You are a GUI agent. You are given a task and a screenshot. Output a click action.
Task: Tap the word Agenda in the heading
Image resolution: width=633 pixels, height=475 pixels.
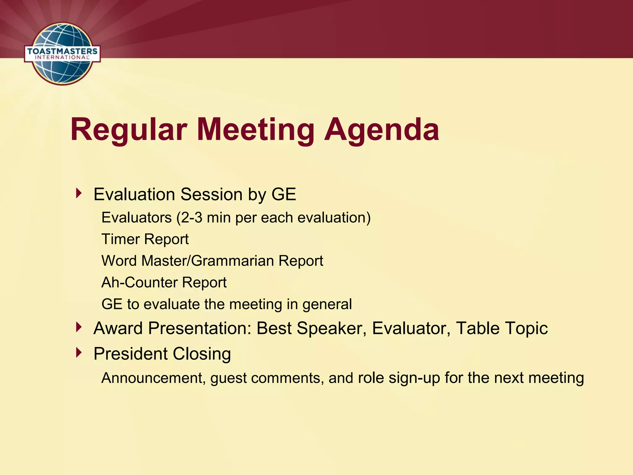381,130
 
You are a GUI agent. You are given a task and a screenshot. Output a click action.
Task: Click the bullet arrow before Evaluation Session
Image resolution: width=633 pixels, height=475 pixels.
79,194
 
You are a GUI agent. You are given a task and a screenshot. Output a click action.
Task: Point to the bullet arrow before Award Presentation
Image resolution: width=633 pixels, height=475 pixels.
79,327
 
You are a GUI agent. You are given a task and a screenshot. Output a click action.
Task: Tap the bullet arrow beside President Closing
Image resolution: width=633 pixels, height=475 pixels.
79,353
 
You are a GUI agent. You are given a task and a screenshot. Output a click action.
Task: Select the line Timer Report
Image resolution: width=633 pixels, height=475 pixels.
145,239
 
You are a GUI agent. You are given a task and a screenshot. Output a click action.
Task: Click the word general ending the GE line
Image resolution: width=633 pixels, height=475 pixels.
327,304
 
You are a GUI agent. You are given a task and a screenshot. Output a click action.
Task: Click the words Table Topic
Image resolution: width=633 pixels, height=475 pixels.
502,328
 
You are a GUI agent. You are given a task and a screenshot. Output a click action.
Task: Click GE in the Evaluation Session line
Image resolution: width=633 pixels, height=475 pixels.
284,194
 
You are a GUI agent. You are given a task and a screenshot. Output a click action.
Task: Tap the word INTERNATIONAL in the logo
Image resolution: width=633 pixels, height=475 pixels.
62,58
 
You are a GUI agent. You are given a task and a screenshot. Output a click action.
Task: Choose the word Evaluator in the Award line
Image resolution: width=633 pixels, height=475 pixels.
411,328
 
